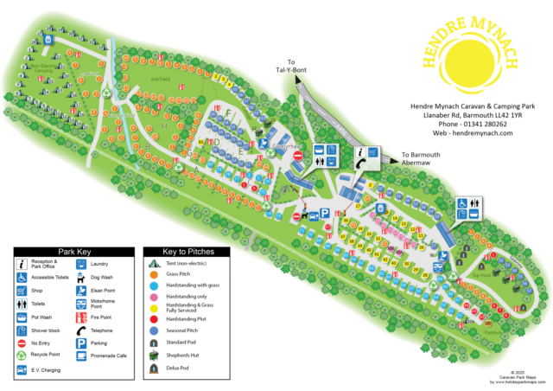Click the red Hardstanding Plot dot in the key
[x=153, y=317]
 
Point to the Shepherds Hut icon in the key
[x=153, y=356]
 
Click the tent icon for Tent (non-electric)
[x=153, y=262]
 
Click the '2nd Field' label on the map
[x=157, y=79]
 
